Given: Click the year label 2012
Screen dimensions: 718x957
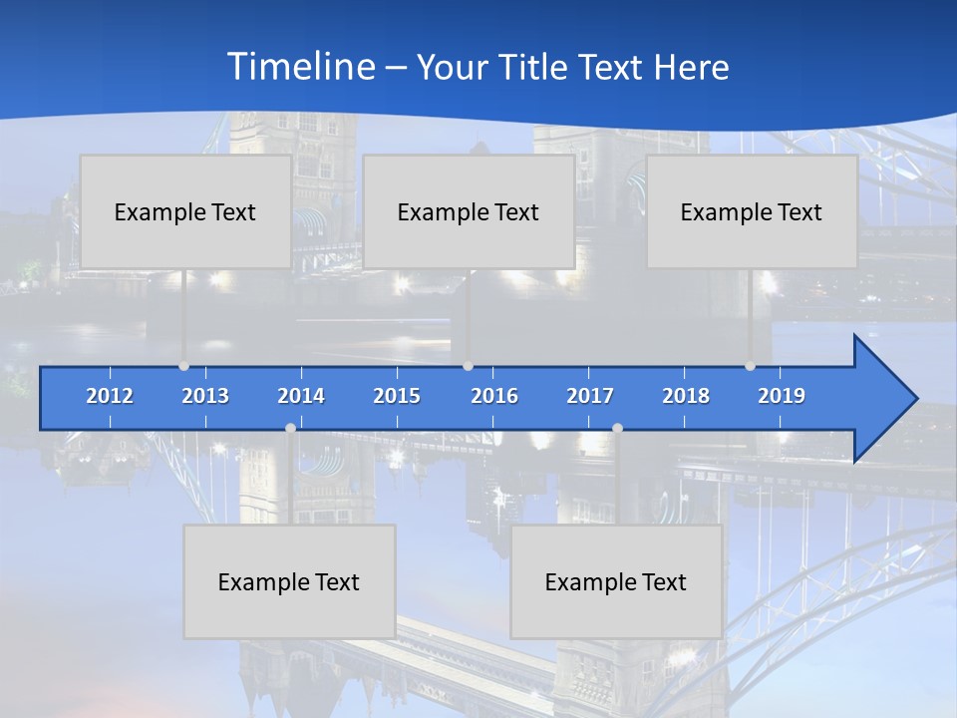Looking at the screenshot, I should pyautogui.click(x=110, y=396).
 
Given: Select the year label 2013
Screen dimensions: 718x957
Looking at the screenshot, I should pyautogui.click(x=205, y=396).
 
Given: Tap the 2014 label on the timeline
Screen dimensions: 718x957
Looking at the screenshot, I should pyautogui.click(x=301, y=396).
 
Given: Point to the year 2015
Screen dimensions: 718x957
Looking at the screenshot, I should pyautogui.click(x=397, y=396).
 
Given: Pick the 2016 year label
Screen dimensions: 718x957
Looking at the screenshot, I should pyautogui.click(x=494, y=396).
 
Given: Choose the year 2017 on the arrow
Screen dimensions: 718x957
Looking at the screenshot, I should pyautogui.click(x=590, y=396).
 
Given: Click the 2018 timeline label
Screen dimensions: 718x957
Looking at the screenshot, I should pyautogui.click(x=686, y=396).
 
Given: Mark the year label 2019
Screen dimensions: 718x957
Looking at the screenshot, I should pyautogui.click(x=782, y=396).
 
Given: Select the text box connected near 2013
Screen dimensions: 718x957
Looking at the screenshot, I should pyautogui.click(x=185, y=211).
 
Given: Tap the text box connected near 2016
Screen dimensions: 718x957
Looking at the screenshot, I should pyautogui.click(x=469, y=211).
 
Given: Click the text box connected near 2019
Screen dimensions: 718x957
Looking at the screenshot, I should pyautogui.click(x=752, y=211).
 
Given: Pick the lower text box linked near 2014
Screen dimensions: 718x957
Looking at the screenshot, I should pyautogui.click(x=289, y=581).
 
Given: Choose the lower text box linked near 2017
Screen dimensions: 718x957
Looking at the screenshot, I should pyautogui.click(x=616, y=581).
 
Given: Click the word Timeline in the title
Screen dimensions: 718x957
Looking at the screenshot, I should pyautogui.click(x=300, y=67).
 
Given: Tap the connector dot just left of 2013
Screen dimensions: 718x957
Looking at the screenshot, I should pyautogui.click(x=183, y=366).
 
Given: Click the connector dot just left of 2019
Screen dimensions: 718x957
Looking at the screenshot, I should pyautogui.click(x=751, y=366).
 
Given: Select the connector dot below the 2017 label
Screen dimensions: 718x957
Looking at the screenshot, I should pyautogui.click(x=617, y=429).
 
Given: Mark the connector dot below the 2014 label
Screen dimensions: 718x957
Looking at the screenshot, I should pyautogui.click(x=290, y=429).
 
